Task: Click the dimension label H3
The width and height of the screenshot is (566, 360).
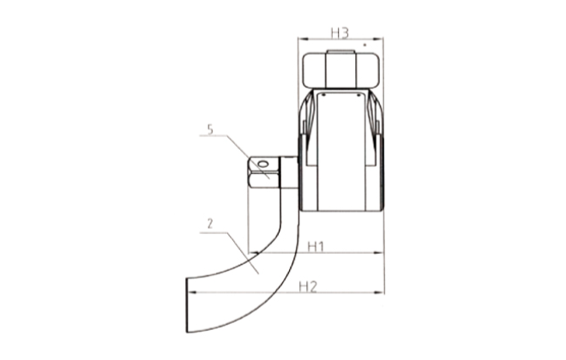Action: click(339, 33)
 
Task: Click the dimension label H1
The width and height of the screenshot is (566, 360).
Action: click(315, 247)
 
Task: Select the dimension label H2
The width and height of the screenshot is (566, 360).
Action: click(309, 286)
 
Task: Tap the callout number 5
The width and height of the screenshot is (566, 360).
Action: click(210, 130)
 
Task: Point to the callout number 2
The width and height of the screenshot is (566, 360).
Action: click(210, 225)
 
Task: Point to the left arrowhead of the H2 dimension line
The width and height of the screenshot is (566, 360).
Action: click(192, 292)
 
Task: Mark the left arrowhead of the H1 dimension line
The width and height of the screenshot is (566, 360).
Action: click(250, 254)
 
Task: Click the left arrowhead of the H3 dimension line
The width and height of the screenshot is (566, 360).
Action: click(299, 41)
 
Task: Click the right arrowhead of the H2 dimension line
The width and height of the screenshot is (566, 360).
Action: click(383, 292)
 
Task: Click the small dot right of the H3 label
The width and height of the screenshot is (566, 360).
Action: click(365, 41)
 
